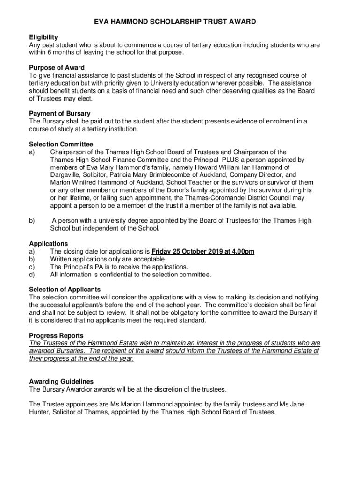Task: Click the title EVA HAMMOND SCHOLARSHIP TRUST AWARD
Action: (x=180, y=22)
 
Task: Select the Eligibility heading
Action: (x=43, y=37)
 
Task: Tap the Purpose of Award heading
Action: (x=57, y=67)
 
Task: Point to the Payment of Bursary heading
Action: (x=60, y=113)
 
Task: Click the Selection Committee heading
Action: (x=61, y=144)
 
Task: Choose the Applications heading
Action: (x=48, y=244)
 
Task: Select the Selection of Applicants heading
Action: (x=65, y=290)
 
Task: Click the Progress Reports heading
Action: (x=56, y=335)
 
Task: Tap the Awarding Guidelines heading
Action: (x=61, y=381)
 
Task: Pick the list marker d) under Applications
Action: (x=32, y=275)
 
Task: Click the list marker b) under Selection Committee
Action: (x=32, y=221)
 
